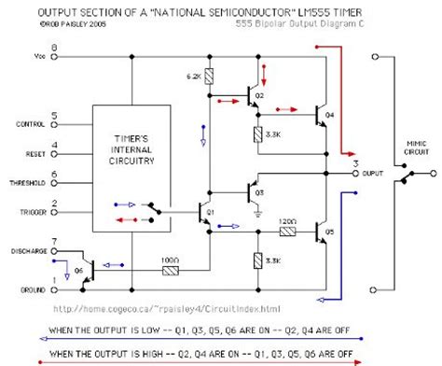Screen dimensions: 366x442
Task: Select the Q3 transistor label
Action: (260, 192)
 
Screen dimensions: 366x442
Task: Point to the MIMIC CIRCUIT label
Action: (416, 147)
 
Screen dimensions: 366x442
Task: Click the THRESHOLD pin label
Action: (27, 184)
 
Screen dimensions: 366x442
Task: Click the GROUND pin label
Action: (31, 289)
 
